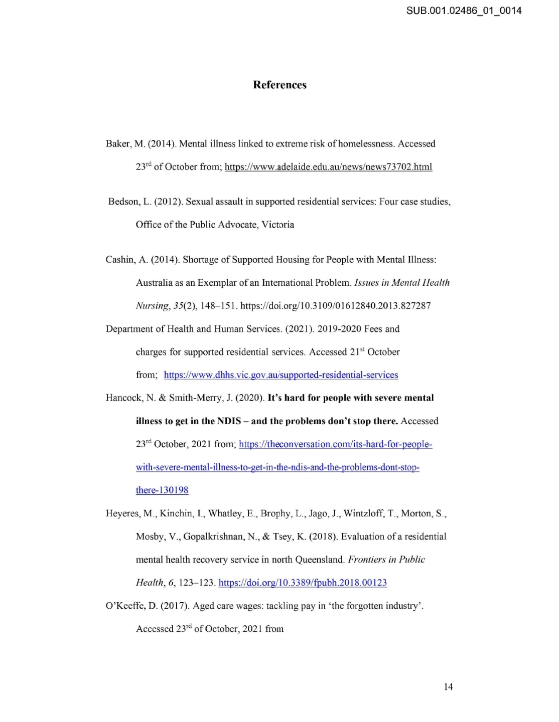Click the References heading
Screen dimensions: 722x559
pyautogui.click(x=279, y=85)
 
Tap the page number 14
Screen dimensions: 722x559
pyautogui.click(x=448, y=686)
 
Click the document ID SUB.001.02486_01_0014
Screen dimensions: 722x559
pyautogui.click(x=464, y=11)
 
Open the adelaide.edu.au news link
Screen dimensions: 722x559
pyautogui.click(x=328, y=167)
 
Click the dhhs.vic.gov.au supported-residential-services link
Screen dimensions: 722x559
pyautogui.click(x=281, y=375)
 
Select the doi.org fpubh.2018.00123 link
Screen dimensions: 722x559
pyautogui.click(x=303, y=583)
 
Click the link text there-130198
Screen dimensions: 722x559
pyautogui.click(x=162, y=490)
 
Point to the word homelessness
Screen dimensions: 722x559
pyautogui.click(x=366, y=144)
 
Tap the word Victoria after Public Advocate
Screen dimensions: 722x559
pyautogui.click(x=278, y=225)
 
